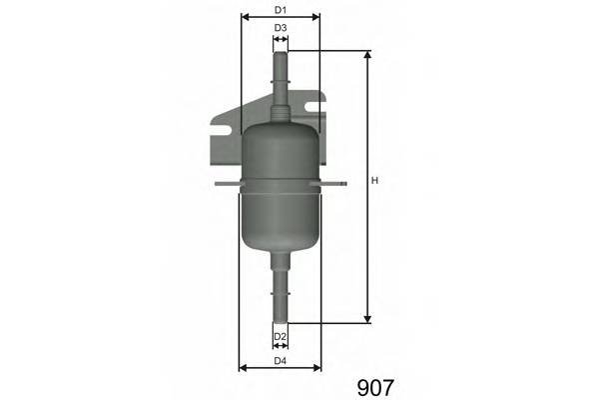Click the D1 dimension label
point(281,10)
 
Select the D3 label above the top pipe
point(281,28)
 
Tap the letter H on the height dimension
point(374,181)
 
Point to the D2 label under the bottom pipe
point(281,336)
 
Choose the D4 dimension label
point(281,360)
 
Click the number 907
point(375,385)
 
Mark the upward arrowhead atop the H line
point(367,56)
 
